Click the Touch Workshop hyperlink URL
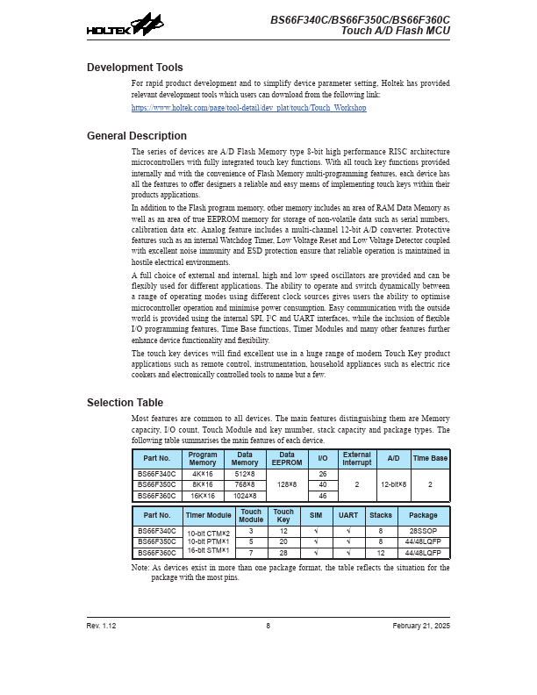point(248,108)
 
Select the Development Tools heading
point(135,68)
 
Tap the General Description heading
point(137,136)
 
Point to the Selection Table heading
point(125,403)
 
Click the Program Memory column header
point(203,459)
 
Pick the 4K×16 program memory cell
point(203,474)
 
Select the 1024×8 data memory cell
point(245,496)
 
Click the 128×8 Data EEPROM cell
point(286,484)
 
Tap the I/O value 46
point(323,496)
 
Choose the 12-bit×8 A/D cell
point(393,484)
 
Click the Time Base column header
point(430,459)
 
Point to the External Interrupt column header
point(356,459)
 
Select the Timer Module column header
point(209,516)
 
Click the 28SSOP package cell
point(423,532)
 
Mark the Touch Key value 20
point(283,542)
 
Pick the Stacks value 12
point(381,553)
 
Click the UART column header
point(348,516)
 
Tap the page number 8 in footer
point(268,626)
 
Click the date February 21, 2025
point(421,626)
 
